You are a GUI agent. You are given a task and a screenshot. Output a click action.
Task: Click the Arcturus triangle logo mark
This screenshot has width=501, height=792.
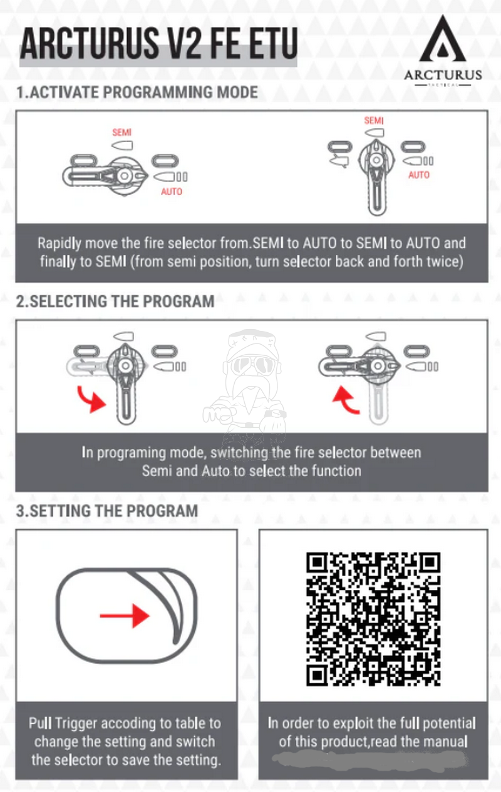pos(442,40)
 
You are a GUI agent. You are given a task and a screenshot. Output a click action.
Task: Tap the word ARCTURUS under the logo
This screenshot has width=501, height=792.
pos(443,75)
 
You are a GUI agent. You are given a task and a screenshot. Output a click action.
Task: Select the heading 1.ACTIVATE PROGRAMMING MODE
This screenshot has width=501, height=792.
pos(137,93)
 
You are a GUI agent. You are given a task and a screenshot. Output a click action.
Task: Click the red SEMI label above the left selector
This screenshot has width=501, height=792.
pos(121,133)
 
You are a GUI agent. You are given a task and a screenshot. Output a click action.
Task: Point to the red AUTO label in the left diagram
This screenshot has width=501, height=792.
pos(171,191)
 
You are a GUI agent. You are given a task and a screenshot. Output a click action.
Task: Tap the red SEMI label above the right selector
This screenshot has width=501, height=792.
pos(374,120)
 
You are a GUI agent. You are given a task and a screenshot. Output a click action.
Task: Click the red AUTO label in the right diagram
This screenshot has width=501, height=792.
pos(419,175)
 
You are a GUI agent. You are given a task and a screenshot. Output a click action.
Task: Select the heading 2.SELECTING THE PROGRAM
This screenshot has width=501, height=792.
pos(115,301)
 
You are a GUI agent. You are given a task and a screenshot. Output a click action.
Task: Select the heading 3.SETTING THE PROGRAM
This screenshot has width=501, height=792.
pos(107,510)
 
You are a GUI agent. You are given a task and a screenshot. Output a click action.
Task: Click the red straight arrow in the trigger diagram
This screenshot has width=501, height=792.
pos(125,616)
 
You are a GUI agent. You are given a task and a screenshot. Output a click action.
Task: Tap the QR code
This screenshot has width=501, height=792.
pos(373,619)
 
